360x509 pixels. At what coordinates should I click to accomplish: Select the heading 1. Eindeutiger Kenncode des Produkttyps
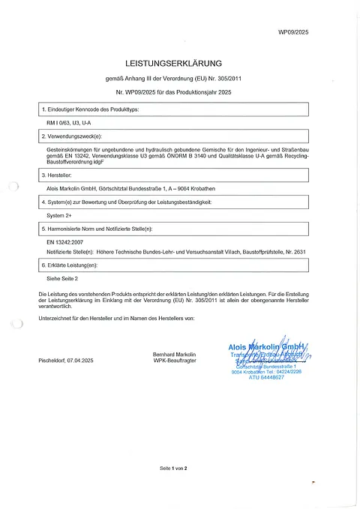click(x=90, y=110)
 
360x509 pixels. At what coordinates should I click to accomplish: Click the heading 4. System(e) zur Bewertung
click(x=120, y=202)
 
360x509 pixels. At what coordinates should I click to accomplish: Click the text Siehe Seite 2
click(x=62, y=277)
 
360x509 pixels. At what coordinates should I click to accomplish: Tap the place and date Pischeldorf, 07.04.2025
click(x=65, y=361)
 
